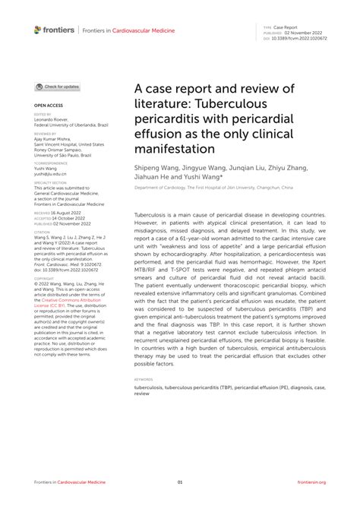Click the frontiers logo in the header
pos(54,30)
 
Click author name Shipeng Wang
pos(158,169)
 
